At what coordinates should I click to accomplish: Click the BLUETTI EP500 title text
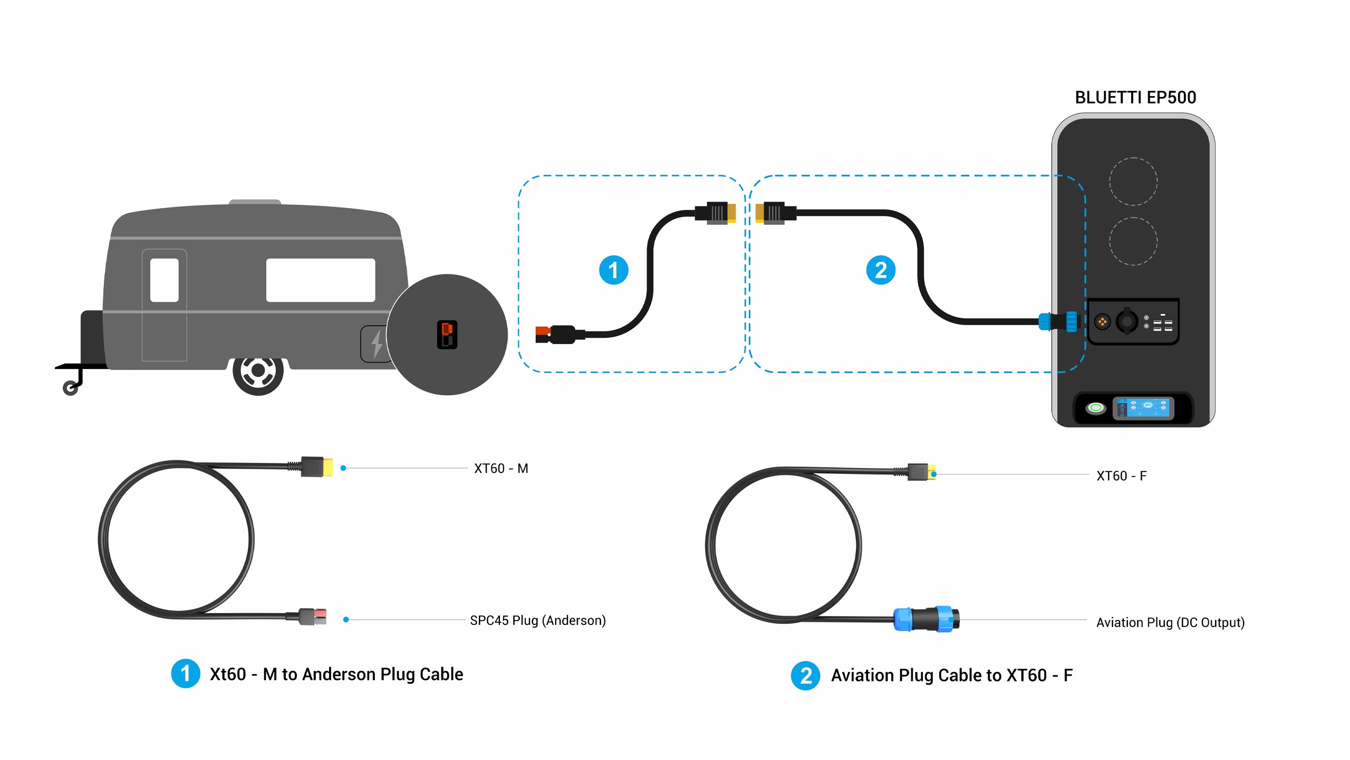tap(1135, 98)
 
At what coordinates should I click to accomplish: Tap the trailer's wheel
tap(258, 371)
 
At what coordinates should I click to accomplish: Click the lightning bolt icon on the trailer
tap(377, 344)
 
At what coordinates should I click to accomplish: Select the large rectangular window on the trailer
tap(321, 280)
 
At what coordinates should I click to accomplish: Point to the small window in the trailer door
tap(165, 280)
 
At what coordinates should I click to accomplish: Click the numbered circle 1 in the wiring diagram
tap(613, 270)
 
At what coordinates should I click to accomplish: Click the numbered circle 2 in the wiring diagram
tap(881, 270)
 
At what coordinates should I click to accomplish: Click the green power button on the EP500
tap(1096, 407)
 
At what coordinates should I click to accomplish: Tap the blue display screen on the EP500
tap(1143, 408)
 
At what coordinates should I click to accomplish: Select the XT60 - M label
tap(501, 469)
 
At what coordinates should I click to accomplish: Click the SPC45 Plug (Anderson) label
tap(538, 620)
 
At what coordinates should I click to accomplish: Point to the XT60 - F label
tap(1122, 476)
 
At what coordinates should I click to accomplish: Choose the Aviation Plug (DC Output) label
tap(1170, 623)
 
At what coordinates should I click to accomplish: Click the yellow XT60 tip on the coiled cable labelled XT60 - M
tap(327, 467)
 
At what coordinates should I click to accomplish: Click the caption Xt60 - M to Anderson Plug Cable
tap(336, 674)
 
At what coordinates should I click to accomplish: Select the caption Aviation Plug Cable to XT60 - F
tap(952, 676)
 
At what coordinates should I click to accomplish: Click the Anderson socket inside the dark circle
tap(447, 335)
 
